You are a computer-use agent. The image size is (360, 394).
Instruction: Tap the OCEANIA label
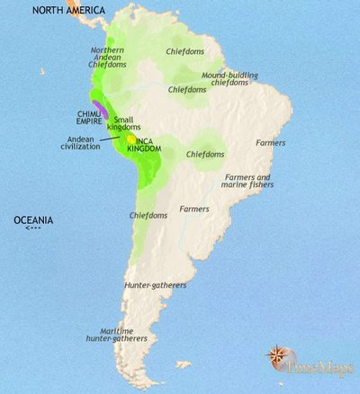[33, 219]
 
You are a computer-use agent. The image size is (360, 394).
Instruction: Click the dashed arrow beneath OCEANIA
[33, 228]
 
